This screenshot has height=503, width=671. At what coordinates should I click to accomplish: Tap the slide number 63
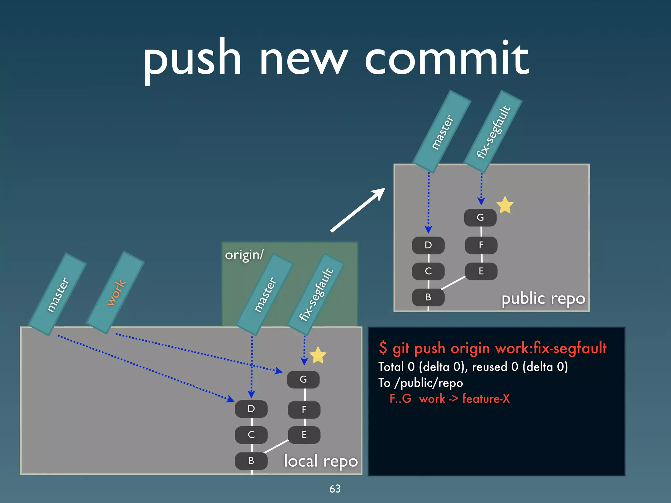(x=335, y=489)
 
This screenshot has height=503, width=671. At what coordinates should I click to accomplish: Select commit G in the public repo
(x=480, y=218)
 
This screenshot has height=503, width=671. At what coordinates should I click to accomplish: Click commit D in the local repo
(x=251, y=409)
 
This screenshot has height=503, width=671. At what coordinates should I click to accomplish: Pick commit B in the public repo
(x=428, y=297)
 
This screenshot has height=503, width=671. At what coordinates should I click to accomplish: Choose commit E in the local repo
(x=304, y=435)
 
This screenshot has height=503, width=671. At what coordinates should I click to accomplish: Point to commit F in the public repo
(x=481, y=245)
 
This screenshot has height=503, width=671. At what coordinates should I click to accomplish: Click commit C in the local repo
(x=251, y=435)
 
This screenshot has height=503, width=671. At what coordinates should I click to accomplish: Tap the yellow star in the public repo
(x=505, y=205)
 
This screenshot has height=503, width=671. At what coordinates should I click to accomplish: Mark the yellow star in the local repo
(x=318, y=355)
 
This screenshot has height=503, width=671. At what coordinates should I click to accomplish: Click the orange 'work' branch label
(x=116, y=293)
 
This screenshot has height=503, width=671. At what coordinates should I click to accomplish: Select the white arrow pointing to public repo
(x=358, y=210)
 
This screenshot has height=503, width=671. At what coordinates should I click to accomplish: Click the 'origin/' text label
(x=244, y=255)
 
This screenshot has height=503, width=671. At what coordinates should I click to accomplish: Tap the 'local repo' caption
(x=320, y=461)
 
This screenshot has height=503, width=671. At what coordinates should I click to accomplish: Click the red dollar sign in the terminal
(x=383, y=348)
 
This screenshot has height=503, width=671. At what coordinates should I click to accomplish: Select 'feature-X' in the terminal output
(x=486, y=399)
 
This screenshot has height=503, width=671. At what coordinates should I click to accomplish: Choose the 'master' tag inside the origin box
(x=265, y=295)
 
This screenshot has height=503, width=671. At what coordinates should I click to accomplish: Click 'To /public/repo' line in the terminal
(x=420, y=383)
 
